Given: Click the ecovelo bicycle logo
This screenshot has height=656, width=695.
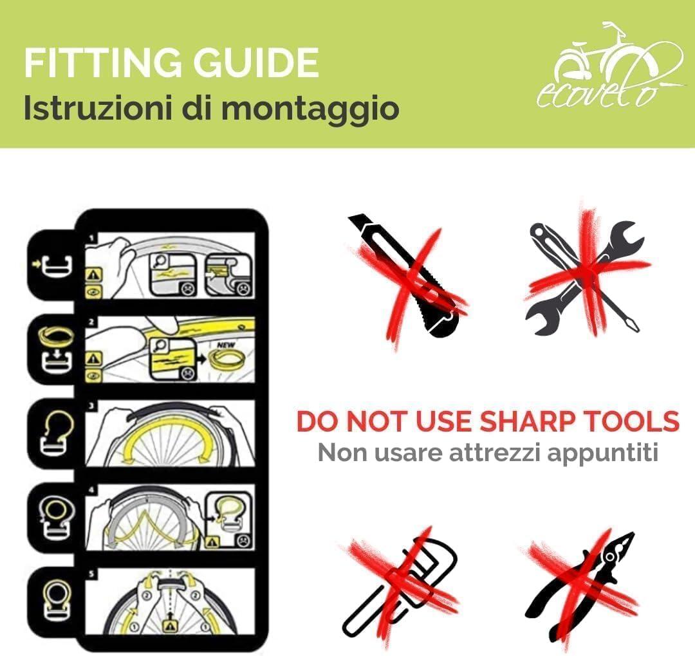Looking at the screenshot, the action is click(609, 66).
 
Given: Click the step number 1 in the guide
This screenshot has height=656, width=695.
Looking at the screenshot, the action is click(92, 239).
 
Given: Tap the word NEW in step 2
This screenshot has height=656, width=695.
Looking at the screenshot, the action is click(226, 345).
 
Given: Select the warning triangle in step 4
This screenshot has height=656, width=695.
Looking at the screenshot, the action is click(213, 542).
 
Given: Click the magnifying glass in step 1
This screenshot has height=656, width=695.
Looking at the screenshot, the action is click(158, 262).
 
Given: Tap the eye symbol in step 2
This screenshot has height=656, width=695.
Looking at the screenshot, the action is click(94, 376).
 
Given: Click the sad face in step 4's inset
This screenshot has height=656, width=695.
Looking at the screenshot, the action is click(243, 541).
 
